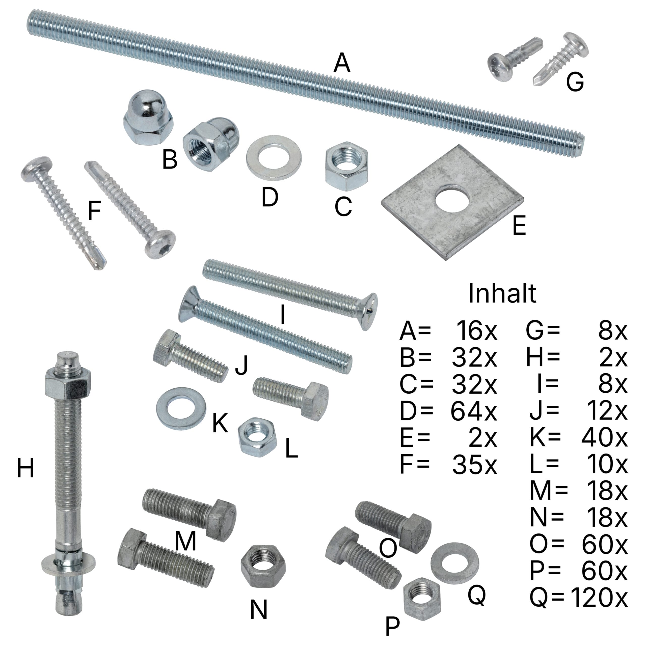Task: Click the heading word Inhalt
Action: [x=502, y=293]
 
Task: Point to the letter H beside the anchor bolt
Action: [x=25, y=468]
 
